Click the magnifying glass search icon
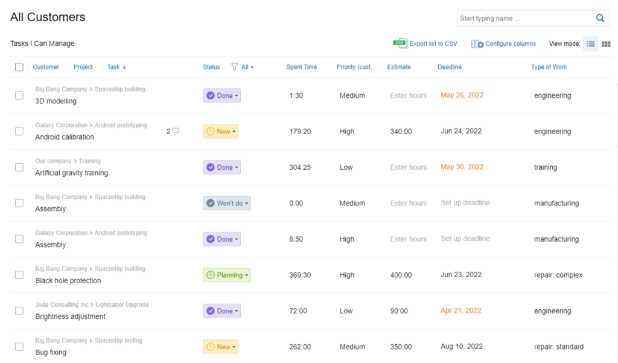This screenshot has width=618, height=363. pos(600,18)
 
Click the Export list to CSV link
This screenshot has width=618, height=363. pos(433,43)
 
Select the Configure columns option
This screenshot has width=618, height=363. pos(510,43)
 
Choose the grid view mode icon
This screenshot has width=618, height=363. pos(606,44)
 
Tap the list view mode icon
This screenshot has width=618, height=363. pos(591,44)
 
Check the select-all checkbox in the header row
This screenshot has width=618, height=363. pos(19,67)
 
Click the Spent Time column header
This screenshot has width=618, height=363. pos(301,67)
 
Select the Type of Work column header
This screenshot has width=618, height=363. pos(549,67)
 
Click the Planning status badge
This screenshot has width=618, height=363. pos(226,275)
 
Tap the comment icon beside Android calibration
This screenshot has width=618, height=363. pos(176,131)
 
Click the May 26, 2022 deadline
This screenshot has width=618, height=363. pos(462,95)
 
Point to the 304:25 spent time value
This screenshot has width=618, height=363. pos(300,167)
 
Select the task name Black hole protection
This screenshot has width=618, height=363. pos(68,281)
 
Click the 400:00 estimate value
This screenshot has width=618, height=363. pos(401,275)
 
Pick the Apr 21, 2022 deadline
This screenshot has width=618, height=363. pos(460,311)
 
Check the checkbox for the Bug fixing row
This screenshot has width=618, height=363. pos(19,347)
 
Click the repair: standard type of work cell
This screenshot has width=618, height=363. pos(558,347)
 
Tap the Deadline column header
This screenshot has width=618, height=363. pos(450,67)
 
